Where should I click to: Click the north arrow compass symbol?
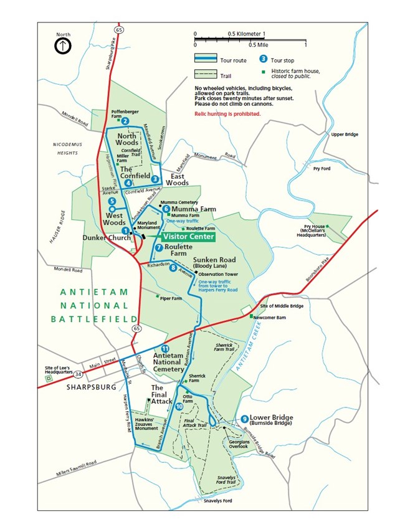[x=62, y=45]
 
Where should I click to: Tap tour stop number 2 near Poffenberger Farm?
[x=125, y=121]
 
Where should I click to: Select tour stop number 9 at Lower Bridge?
[x=244, y=418]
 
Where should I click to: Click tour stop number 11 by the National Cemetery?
[x=164, y=348]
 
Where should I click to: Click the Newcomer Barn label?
[x=273, y=316]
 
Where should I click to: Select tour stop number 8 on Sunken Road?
[x=173, y=268]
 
